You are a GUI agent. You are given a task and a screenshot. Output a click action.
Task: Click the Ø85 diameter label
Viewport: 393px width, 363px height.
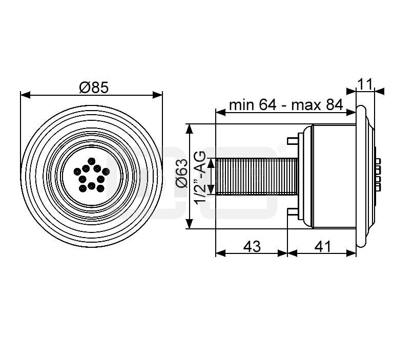pos(94,88)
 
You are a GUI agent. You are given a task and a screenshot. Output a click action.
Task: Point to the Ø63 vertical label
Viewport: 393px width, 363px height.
pos(181,176)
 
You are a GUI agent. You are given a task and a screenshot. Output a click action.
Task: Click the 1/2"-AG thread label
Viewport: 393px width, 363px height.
pos(201,176)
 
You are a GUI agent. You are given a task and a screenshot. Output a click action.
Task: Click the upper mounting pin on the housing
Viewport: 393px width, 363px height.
pos(293,140)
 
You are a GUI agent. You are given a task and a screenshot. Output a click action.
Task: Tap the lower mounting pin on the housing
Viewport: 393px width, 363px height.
pos(293,212)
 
